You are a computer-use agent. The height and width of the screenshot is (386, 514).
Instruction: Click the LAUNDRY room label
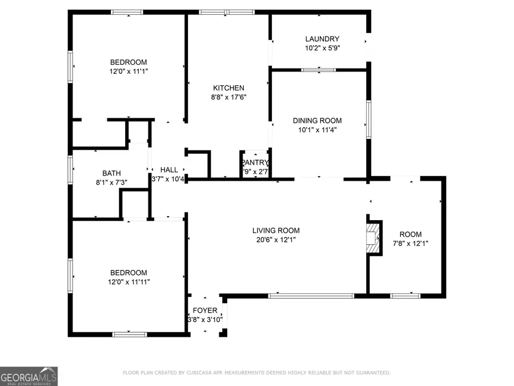point(322,39)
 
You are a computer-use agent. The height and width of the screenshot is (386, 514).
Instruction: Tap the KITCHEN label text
point(228,88)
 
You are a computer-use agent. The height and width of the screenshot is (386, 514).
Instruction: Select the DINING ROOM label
point(317,121)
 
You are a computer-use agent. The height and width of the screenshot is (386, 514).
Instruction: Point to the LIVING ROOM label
point(276,230)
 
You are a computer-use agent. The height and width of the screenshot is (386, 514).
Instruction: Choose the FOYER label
point(205,311)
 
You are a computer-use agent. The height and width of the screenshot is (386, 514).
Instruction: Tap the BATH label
point(111,173)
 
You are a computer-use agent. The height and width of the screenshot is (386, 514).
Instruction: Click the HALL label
point(168,170)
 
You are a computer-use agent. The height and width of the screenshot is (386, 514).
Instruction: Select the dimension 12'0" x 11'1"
point(128,71)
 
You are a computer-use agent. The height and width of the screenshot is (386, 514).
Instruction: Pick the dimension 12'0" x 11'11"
point(128,281)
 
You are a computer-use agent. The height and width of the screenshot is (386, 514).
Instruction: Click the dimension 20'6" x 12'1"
point(276,240)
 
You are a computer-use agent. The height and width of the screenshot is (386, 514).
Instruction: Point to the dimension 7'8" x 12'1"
point(410,243)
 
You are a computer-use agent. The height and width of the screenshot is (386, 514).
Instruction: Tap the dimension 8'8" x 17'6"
point(228,97)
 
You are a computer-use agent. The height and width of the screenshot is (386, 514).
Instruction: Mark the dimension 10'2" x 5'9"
point(322,49)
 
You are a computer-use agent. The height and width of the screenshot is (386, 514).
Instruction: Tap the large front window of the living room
point(311,296)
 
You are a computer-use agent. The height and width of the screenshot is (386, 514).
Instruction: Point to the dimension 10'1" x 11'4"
point(317,130)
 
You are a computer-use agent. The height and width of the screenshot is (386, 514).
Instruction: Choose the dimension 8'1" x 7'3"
point(111,182)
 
